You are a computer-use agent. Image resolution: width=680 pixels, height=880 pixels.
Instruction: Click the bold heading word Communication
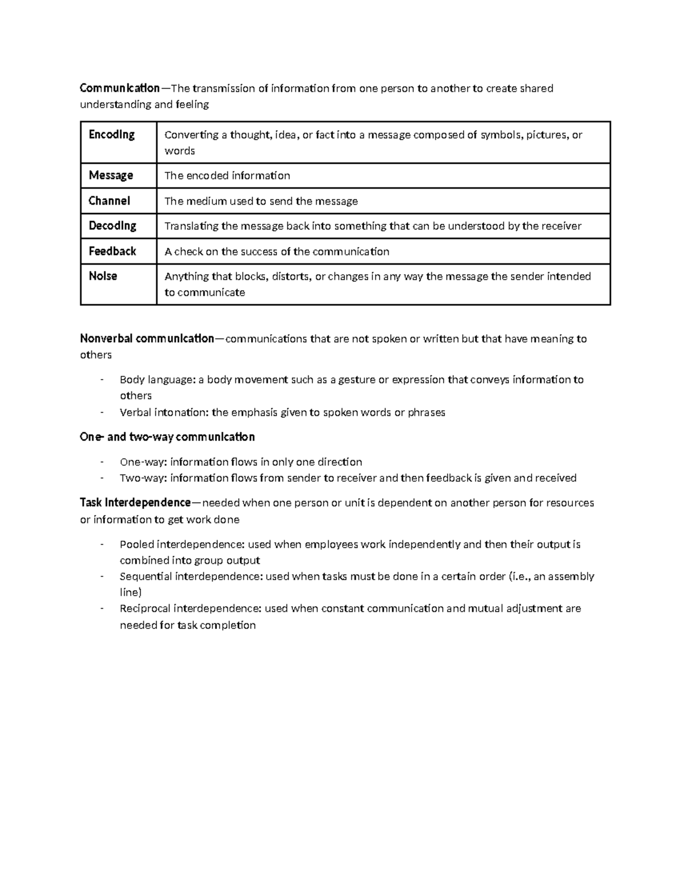click(120, 88)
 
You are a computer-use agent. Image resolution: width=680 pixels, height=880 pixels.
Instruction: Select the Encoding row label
click(112, 135)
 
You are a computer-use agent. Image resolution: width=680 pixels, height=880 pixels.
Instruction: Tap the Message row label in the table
click(111, 176)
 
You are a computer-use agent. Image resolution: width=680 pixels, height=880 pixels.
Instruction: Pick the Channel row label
click(109, 201)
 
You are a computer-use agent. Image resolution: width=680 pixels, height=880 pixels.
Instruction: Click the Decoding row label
click(112, 226)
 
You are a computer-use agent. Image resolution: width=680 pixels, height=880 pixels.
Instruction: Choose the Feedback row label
click(112, 252)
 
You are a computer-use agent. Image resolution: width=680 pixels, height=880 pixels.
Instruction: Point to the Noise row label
click(103, 277)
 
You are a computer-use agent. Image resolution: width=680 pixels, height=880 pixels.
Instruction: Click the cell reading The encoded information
click(227, 176)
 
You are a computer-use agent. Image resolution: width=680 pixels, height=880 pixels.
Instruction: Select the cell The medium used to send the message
click(261, 201)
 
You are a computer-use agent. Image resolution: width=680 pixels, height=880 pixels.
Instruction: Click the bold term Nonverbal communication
click(147, 339)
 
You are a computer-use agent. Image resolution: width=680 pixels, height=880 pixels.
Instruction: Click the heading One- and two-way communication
click(167, 437)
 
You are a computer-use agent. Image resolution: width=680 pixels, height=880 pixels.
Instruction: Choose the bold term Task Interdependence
click(135, 503)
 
